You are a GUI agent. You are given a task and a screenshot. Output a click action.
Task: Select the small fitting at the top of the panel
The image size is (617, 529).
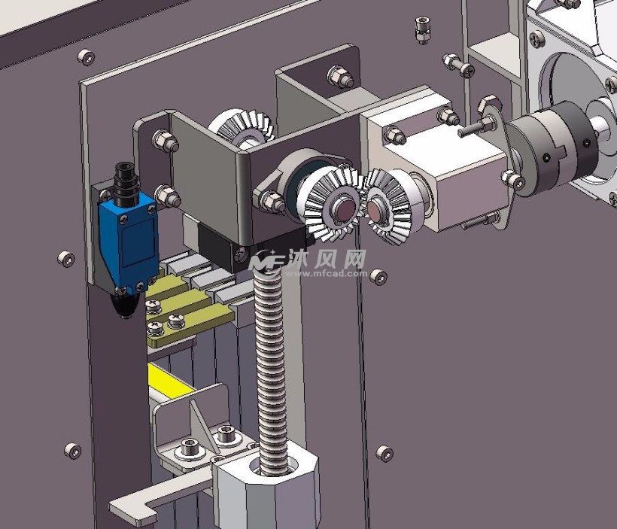422,29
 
